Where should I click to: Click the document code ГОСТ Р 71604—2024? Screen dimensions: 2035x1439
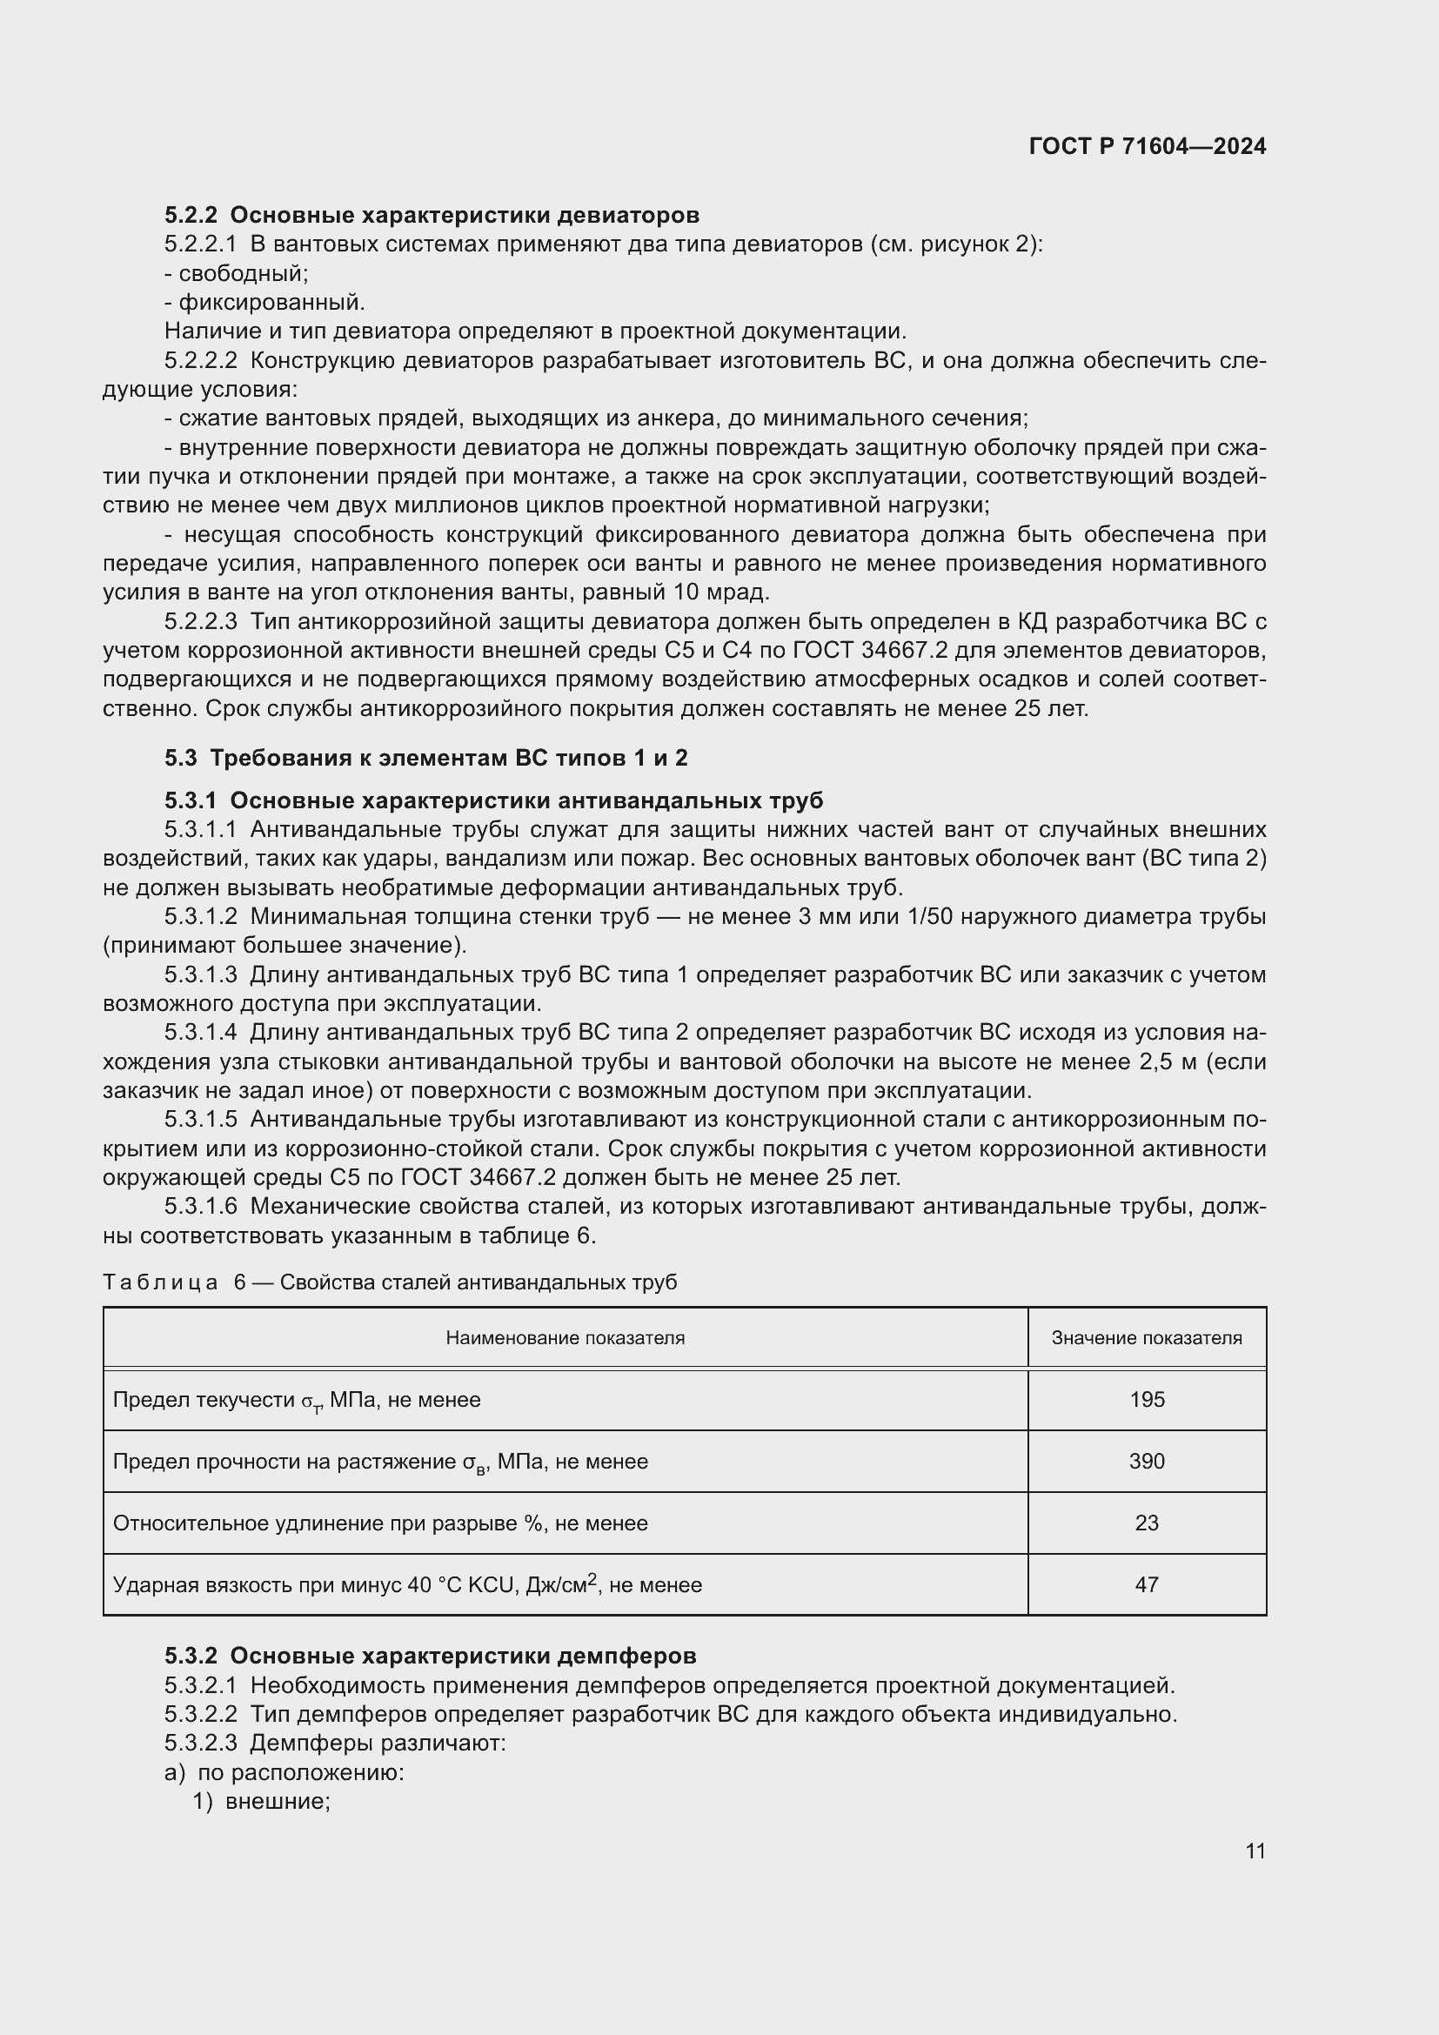(x=1147, y=147)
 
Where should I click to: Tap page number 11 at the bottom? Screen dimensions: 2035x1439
(x=1255, y=1851)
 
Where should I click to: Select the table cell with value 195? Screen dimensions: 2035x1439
(x=1146, y=1400)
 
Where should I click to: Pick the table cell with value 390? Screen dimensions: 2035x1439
(x=1146, y=1461)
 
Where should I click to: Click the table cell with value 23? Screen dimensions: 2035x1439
(x=1146, y=1523)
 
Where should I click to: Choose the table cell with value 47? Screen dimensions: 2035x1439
(x=1146, y=1583)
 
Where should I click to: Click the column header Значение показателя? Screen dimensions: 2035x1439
(x=1146, y=1337)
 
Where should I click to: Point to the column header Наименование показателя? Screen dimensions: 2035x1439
(x=565, y=1337)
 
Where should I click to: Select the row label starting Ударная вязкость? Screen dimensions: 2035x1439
(x=406, y=1583)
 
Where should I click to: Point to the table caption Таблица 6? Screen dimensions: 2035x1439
(x=389, y=1282)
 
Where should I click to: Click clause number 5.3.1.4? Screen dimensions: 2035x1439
(x=200, y=1033)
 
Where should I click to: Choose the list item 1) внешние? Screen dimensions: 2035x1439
(x=261, y=1801)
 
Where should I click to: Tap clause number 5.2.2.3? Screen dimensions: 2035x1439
(x=200, y=621)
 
